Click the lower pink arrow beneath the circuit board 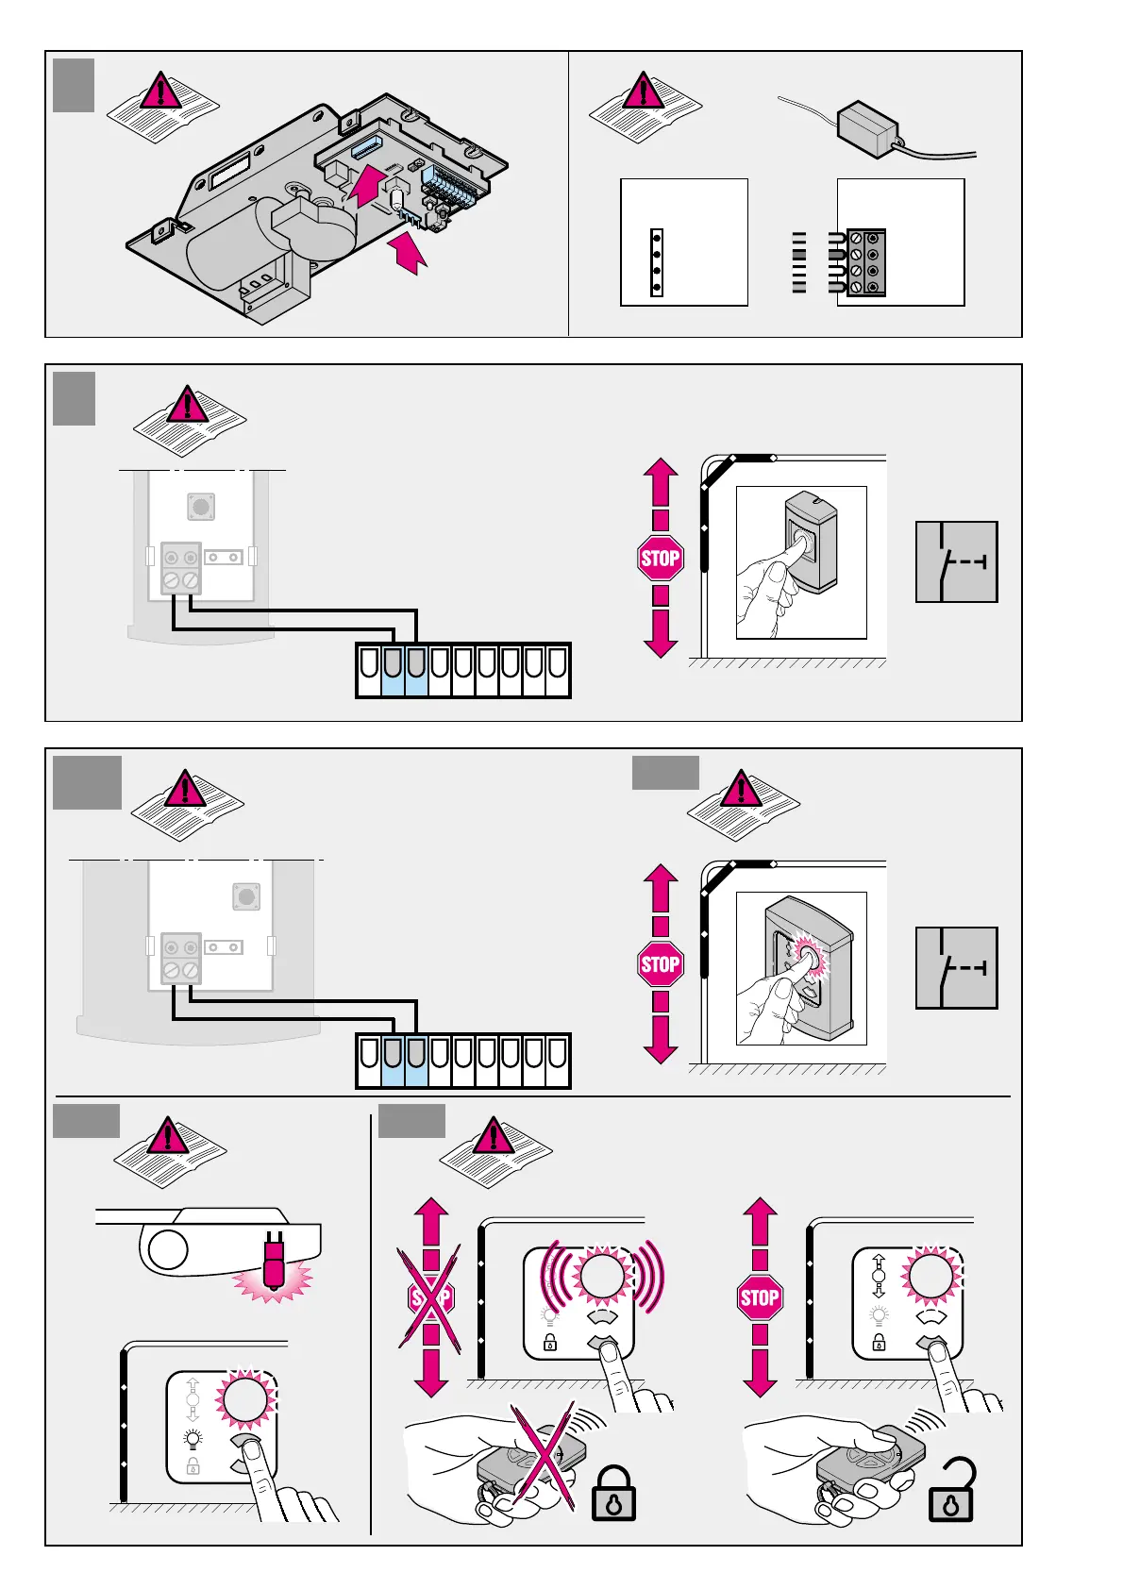[408, 253]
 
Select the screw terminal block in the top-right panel [865, 262]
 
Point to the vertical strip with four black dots [657, 262]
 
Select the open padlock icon [951, 1492]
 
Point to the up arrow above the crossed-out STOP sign [431, 1221]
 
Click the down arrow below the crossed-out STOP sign [431, 1373]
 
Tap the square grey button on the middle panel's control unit [200, 506]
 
